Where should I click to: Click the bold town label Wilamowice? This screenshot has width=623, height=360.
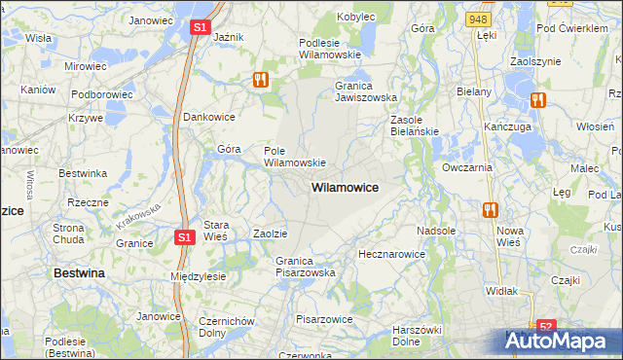[x=345, y=186]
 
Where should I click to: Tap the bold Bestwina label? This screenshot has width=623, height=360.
[x=79, y=273]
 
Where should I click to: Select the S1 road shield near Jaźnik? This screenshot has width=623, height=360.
[x=199, y=28]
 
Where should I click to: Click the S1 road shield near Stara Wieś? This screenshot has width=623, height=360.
[x=185, y=236]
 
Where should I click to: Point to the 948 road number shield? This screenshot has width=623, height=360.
[x=477, y=18]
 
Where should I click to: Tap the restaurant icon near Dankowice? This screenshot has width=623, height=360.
[x=261, y=80]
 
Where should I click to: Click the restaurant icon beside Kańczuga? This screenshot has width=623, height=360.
[x=537, y=99]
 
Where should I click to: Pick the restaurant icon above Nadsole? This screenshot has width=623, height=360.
[x=491, y=209]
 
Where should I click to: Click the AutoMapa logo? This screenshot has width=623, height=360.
[x=565, y=340]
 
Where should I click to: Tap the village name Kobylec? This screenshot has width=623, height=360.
[x=356, y=17]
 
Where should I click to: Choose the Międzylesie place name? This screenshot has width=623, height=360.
[x=198, y=276]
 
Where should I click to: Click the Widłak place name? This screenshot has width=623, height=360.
[x=501, y=291]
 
